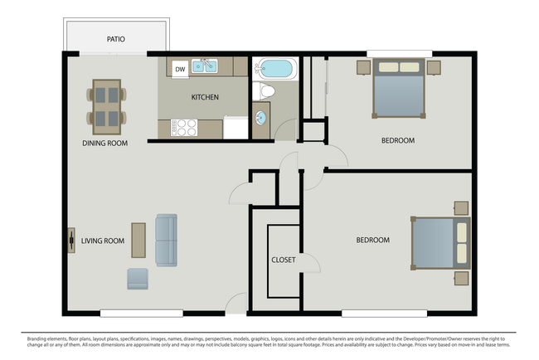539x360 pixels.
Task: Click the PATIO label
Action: (x=115, y=39)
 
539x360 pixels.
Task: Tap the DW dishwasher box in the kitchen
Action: (x=180, y=69)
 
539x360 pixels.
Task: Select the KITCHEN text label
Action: (x=205, y=97)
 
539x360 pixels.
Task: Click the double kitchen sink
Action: (x=204, y=66)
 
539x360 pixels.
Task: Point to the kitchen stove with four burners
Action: (x=183, y=128)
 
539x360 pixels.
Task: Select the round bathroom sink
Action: (x=261, y=117)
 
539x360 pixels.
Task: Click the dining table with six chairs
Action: (x=105, y=106)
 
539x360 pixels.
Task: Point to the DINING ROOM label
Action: (x=104, y=143)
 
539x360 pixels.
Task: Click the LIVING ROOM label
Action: (x=102, y=241)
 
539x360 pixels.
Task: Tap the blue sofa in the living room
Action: (x=166, y=241)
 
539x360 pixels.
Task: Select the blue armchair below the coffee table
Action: (x=138, y=279)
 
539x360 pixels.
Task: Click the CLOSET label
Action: (x=284, y=260)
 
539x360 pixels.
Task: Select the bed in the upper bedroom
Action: (x=398, y=85)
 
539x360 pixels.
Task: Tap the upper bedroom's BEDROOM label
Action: (x=397, y=140)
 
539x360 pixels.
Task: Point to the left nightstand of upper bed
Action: (x=364, y=67)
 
